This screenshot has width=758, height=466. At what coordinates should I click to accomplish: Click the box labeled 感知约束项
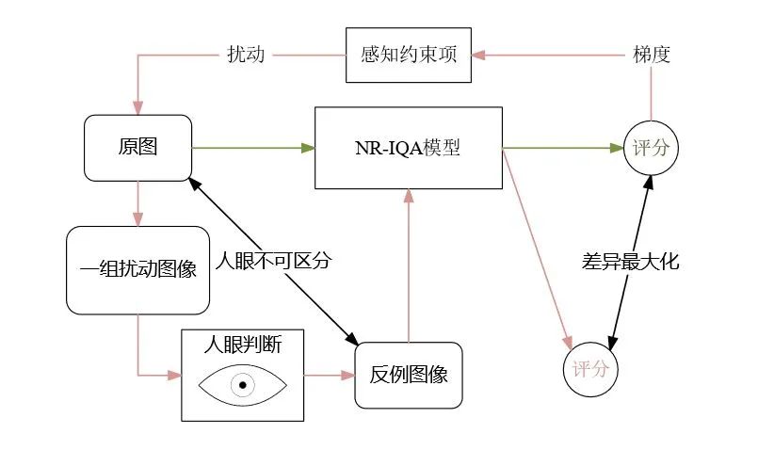tap(408, 55)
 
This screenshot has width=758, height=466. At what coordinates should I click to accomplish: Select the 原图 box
tap(137, 148)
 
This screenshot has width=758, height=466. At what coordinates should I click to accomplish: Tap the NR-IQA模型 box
tap(408, 148)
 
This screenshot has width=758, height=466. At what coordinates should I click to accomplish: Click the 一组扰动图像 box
tap(137, 269)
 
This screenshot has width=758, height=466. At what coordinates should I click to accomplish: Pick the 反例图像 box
tap(409, 375)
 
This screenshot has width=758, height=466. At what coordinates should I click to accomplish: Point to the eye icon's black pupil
tap(243, 385)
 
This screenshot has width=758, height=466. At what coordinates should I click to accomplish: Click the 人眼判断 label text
tap(243, 345)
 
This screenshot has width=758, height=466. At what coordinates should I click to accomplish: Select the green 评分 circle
tap(651, 149)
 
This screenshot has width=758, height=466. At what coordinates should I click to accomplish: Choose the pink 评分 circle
tap(590, 368)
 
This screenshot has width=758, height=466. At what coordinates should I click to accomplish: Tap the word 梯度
tap(652, 55)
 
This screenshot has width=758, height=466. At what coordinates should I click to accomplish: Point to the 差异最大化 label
tap(630, 263)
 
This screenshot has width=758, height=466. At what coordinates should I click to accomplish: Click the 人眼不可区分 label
tap(274, 260)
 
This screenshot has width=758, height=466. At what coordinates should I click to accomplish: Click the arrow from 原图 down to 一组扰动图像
tap(138, 202)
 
